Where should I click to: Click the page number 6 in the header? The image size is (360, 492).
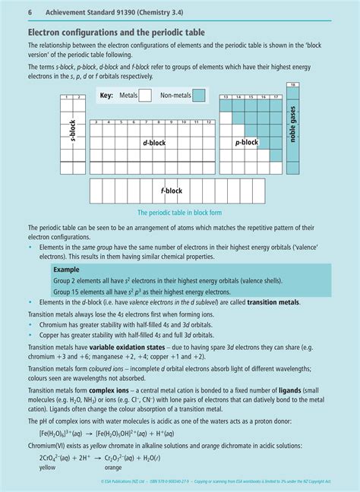(x=30, y=13)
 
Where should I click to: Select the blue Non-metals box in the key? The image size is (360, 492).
(x=198, y=96)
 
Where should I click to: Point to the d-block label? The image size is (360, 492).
(x=154, y=143)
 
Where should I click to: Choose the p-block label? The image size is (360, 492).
(x=247, y=142)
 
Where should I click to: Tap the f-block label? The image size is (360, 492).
(x=172, y=191)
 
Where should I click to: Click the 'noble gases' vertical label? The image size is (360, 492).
(x=293, y=124)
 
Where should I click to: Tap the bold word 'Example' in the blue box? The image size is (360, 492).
(x=66, y=270)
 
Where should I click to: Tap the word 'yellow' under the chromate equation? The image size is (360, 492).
(x=48, y=468)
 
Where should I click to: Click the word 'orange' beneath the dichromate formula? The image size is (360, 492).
(x=113, y=468)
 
